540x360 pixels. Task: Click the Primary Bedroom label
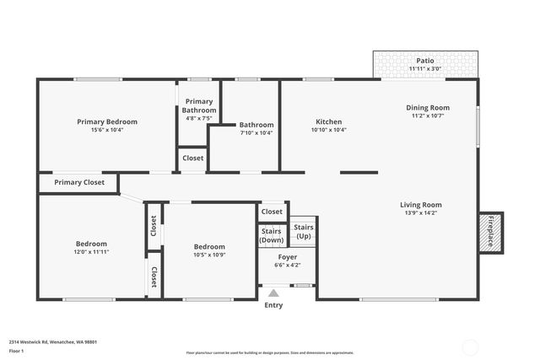point(107,121)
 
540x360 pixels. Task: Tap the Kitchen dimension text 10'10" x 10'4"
point(328,131)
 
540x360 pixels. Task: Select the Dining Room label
point(428,107)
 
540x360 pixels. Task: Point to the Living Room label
point(420,204)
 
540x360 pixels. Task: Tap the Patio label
point(424,61)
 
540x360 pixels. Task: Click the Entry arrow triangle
point(273,293)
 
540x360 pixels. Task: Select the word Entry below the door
point(273,305)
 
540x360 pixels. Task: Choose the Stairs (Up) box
point(303,232)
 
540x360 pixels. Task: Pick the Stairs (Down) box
point(271,235)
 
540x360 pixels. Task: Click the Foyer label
point(287,256)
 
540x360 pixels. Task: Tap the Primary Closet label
point(79,182)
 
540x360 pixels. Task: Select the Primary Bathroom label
point(199,105)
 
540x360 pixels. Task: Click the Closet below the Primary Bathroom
point(192,158)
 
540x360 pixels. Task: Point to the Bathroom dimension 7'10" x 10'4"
point(256,133)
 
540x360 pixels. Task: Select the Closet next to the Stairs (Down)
point(272,212)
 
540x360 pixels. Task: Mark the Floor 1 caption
point(17,351)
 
